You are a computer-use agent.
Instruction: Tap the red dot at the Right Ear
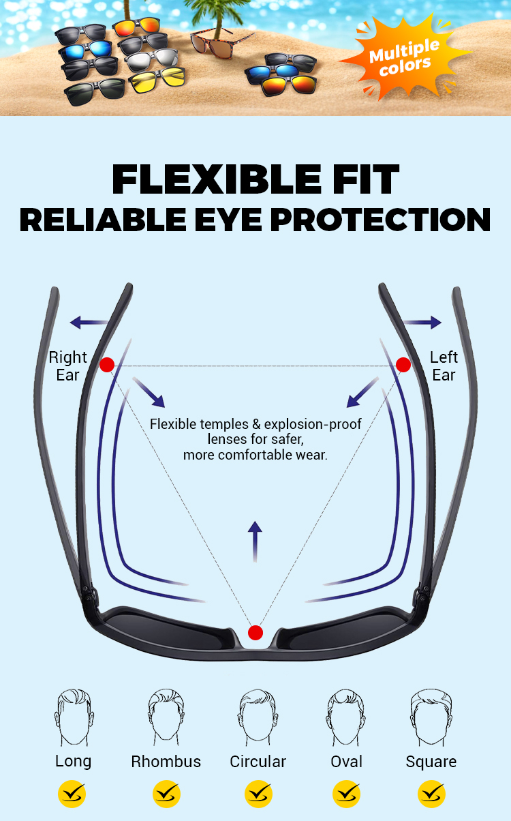click(107, 365)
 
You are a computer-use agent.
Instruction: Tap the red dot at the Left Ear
click(403, 365)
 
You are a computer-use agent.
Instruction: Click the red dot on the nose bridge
click(255, 633)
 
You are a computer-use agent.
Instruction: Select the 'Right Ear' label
click(67, 365)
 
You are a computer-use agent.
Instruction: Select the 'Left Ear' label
click(444, 365)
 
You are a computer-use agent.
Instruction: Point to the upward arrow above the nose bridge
click(255, 541)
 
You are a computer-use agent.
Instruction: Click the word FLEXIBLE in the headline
click(217, 179)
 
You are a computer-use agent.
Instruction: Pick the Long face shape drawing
click(74, 717)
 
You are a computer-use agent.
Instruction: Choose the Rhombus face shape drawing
click(166, 717)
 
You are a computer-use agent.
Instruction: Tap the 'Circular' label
click(258, 762)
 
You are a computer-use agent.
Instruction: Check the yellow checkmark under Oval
click(346, 794)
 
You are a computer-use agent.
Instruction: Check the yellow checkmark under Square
click(431, 794)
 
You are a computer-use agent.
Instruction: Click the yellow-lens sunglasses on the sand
click(157, 79)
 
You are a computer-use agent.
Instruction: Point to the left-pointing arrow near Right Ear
click(89, 323)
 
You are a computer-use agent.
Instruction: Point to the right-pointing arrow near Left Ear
click(422, 323)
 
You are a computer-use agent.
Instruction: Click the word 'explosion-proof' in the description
click(313, 424)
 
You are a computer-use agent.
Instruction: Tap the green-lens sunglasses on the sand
click(95, 91)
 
